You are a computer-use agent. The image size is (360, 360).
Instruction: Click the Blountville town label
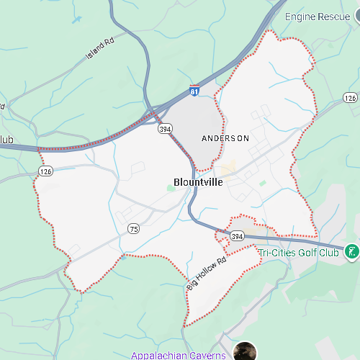[x=198, y=182]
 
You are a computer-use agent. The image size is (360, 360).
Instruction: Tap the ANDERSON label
[x=225, y=138]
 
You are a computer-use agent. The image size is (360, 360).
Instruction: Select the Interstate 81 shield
[x=194, y=91]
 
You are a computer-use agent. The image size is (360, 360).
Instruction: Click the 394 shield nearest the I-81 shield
[x=166, y=129]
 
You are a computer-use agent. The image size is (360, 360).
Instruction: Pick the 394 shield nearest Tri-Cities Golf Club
[x=238, y=236]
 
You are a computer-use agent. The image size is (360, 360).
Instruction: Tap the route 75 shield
[x=133, y=228]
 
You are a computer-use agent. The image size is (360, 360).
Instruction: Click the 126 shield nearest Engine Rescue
[x=350, y=98]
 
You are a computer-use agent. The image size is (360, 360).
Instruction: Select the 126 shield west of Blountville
[x=46, y=171]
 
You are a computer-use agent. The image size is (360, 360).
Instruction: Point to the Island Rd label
[x=100, y=49]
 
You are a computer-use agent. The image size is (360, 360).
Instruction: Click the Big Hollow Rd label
[x=206, y=274]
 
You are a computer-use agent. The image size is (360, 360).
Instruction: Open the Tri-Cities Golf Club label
[x=298, y=253]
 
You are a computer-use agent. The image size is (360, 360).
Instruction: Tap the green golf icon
[x=352, y=251]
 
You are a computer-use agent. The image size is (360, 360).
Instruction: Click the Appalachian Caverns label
[x=179, y=355]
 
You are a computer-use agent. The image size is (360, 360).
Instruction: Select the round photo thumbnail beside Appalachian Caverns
[x=245, y=352]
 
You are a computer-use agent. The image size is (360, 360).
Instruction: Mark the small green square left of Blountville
[x=171, y=188]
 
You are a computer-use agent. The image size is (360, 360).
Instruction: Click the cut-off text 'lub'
[x=6, y=139]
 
